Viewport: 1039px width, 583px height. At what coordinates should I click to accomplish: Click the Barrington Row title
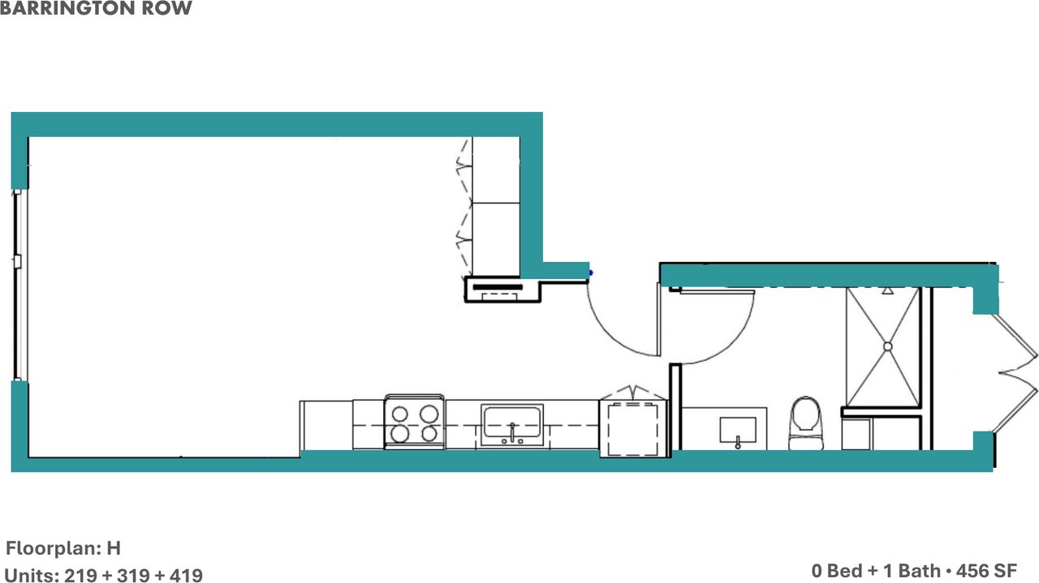tap(96, 8)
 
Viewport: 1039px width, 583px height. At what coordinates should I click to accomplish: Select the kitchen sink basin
tap(512, 425)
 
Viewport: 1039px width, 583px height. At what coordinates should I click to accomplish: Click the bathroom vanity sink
tap(738, 430)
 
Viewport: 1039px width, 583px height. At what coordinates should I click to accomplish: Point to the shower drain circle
tap(888, 346)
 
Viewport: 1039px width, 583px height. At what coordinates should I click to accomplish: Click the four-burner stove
tap(415, 422)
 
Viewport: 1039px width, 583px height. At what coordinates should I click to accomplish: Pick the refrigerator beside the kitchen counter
tap(633, 429)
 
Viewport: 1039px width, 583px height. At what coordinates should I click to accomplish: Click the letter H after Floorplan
tap(114, 548)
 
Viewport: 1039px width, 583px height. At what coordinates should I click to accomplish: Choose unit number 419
tap(186, 576)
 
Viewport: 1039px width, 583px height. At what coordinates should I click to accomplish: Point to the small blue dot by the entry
tap(591, 273)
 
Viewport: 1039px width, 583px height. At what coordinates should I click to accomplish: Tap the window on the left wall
tap(18, 285)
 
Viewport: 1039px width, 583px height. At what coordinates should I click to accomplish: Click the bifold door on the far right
tap(1015, 373)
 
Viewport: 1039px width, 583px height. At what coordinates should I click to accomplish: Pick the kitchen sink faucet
tap(512, 432)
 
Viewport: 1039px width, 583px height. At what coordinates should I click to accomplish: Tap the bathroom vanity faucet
tap(738, 442)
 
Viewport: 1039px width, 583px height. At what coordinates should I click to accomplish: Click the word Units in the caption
tap(32, 576)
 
